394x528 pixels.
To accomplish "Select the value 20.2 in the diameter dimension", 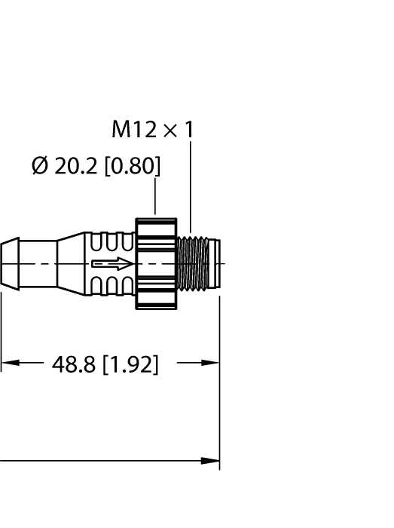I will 76,166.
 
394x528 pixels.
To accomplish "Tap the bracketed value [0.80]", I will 132,166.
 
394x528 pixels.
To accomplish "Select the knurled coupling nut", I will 156,264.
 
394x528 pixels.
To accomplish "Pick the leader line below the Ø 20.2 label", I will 155,198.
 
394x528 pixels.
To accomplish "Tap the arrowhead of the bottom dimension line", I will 211,460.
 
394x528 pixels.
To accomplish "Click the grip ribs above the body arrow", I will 111,244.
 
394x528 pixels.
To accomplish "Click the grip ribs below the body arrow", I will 111,286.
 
